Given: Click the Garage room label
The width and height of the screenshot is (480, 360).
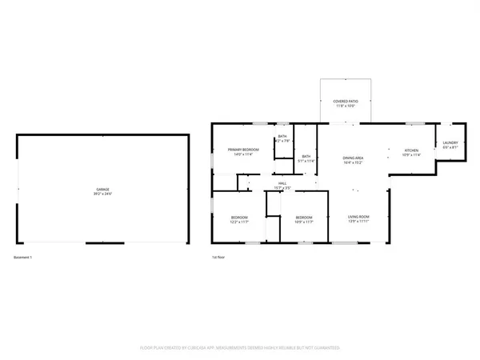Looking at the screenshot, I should (x=103, y=189).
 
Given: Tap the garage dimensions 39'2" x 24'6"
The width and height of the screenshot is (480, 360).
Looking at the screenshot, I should (x=103, y=194).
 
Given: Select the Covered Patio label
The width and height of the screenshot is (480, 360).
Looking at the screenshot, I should (x=346, y=102).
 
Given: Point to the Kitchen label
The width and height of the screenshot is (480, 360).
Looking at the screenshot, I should (x=411, y=150).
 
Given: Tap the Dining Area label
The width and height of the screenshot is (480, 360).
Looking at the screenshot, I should (x=354, y=158).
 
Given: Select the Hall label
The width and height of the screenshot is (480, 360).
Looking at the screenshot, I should (x=282, y=183).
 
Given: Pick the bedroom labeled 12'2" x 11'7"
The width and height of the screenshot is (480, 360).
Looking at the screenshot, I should (x=239, y=218).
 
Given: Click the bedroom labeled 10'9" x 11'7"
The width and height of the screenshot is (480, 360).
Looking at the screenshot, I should (x=303, y=218).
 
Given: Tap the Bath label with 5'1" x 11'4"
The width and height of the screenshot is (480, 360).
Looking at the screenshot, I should (x=306, y=156).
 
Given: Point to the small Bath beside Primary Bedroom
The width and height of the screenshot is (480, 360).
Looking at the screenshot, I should (x=282, y=137).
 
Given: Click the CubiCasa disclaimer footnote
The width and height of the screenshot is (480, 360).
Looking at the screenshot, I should (x=240, y=348).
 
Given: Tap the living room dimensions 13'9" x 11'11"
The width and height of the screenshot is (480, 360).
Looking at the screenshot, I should (x=357, y=222).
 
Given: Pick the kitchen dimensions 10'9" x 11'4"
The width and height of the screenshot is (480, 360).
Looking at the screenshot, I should (x=411, y=156).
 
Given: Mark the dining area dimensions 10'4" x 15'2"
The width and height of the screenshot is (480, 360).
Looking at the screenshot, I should (x=354, y=163).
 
